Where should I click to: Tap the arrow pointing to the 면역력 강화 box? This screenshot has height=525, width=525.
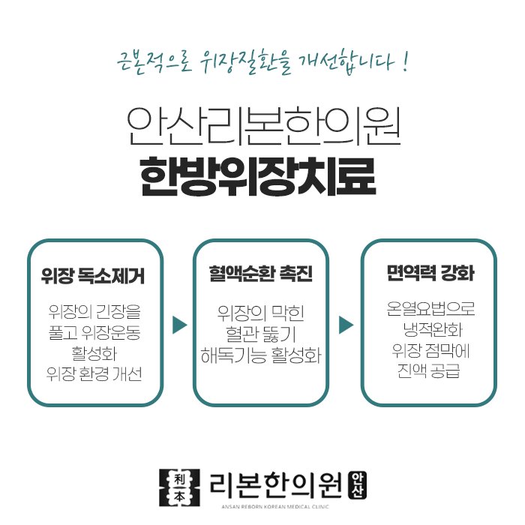click(x=346, y=325)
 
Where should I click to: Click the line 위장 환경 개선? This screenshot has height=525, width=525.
click(x=93, y=373)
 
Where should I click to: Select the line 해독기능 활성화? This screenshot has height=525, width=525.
click(x=260, y=355)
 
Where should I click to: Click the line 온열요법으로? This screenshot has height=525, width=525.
click(x=430, y=309)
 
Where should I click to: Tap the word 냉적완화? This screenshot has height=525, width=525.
click(x=430, y=329)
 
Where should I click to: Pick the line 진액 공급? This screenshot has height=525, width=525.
click(x=430, y=371)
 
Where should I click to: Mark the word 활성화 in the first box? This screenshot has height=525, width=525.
click(x=93, y=352)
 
